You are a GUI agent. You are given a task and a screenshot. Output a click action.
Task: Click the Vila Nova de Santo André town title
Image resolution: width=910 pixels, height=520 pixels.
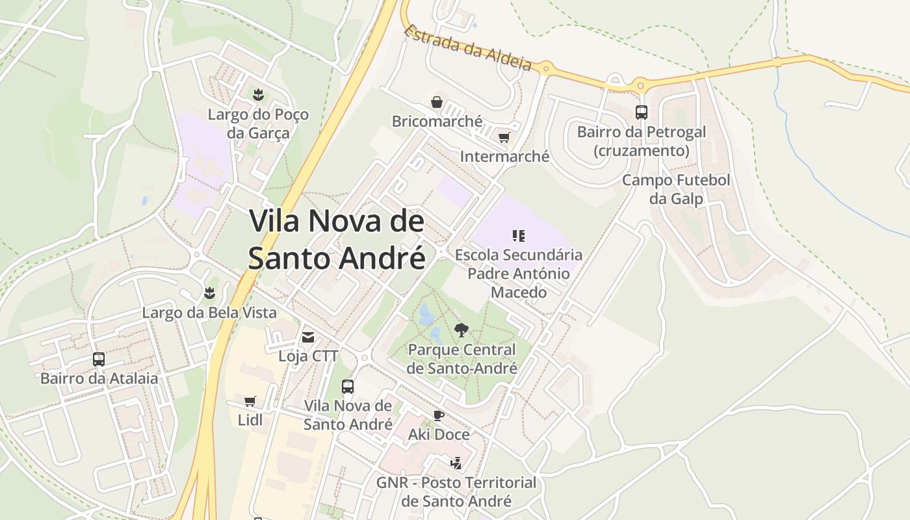pyautogui.click(x=337, y=239)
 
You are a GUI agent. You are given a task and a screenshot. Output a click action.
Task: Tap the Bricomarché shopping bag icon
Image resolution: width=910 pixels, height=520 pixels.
pyautogui.click(x=437, y=102)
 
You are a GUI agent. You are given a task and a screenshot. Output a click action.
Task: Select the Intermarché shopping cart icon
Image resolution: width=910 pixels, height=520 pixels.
pyautogui.click(x=504, y=137)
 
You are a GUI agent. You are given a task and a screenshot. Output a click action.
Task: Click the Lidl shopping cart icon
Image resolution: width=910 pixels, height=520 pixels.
pyautogui.click(x=250, y=401)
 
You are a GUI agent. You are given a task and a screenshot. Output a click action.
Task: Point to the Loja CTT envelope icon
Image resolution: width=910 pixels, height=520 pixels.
pyautogui.click(x=308, y=337)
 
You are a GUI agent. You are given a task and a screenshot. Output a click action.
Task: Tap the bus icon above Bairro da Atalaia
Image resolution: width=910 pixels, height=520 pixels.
pyautogui.click(x=99, y=359)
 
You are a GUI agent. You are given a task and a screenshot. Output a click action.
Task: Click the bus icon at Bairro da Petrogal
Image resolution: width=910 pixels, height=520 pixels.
pyautogui.click(x=642, y=112)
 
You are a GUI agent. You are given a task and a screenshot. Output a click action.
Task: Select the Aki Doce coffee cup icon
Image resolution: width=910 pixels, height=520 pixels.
pyautogui.click(x=439, y=415)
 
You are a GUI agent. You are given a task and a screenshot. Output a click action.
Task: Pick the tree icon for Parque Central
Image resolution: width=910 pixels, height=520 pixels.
pyautogui.click(x=461, y=330)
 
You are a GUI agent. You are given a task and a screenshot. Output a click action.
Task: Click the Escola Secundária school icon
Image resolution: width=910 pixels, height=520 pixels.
pyautogui.click(x=518, y=235)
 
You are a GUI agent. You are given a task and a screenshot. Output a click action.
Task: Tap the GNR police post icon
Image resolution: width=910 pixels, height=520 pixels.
pyautogui.click(x=456, y=463)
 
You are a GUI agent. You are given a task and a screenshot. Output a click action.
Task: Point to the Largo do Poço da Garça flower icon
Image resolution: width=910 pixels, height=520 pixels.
pyautogui.click(x=258, y=95)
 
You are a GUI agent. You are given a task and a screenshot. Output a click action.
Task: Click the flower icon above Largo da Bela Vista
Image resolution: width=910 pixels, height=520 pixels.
pyautogui.click(x=209, y=293)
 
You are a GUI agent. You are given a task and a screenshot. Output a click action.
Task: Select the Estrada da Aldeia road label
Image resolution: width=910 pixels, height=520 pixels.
pyautogui.click(x=467, y=47)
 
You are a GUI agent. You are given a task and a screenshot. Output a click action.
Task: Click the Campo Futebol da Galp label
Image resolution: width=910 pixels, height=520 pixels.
pyautogui.click(x=676, y=189)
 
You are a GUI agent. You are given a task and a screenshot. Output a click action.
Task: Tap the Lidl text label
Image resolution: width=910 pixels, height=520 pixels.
pyautogui.click(x=250, y=420)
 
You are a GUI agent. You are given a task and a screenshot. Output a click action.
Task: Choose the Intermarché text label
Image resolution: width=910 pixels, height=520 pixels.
pyautogui.click(x=504, y=157)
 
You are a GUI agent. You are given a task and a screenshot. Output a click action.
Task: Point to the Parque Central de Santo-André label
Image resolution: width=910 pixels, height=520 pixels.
pyautogui.click(x=462, y=359)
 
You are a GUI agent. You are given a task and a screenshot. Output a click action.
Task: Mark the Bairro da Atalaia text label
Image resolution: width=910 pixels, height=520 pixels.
pyautogui.click(x=99, y=378)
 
